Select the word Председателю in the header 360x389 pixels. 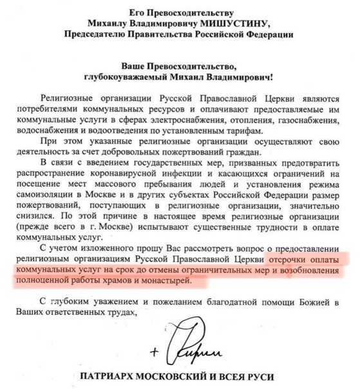[x=90, y=34]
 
